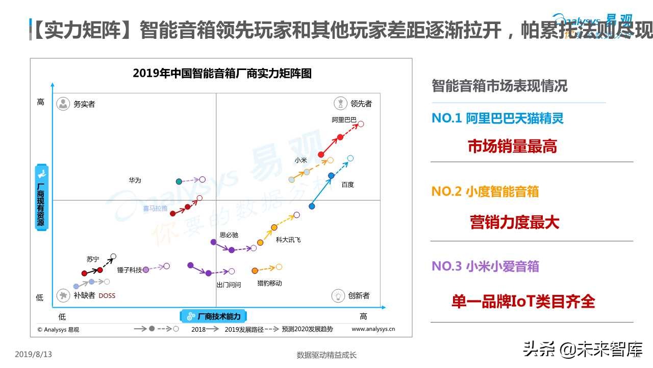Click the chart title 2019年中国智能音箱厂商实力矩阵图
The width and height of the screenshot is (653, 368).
tap(222, 73)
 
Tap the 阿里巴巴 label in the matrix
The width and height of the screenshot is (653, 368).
tap(344, 120)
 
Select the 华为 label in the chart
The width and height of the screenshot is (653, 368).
tap(135, 180)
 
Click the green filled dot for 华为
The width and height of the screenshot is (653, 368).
tap(179, 181)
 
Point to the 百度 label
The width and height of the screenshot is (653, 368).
tap(348, 185)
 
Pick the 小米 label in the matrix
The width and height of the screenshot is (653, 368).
tap(300, 160)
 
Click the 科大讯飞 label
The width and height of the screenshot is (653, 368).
tap(288, 240)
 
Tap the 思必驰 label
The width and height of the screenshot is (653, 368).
tap(229, 235)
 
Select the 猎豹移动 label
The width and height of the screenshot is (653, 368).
tap(269, 283)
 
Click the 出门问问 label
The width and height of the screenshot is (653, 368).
tap(229, 285)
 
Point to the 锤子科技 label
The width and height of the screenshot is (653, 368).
tap(130, 270)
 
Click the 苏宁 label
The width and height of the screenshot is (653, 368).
tap(93, 259)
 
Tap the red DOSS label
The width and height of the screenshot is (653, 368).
tap(107, 295)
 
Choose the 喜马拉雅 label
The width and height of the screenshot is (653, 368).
tap(155, 209)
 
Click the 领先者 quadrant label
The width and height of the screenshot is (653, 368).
tap(361, 104)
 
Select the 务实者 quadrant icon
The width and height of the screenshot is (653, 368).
tap(63, 104)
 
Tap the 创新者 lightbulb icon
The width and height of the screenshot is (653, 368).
tap(338, 295)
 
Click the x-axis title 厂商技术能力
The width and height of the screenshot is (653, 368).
tap(218, 316)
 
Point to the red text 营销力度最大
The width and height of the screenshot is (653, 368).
tap(514, 222)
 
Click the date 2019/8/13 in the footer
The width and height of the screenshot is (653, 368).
tap(34, 354)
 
